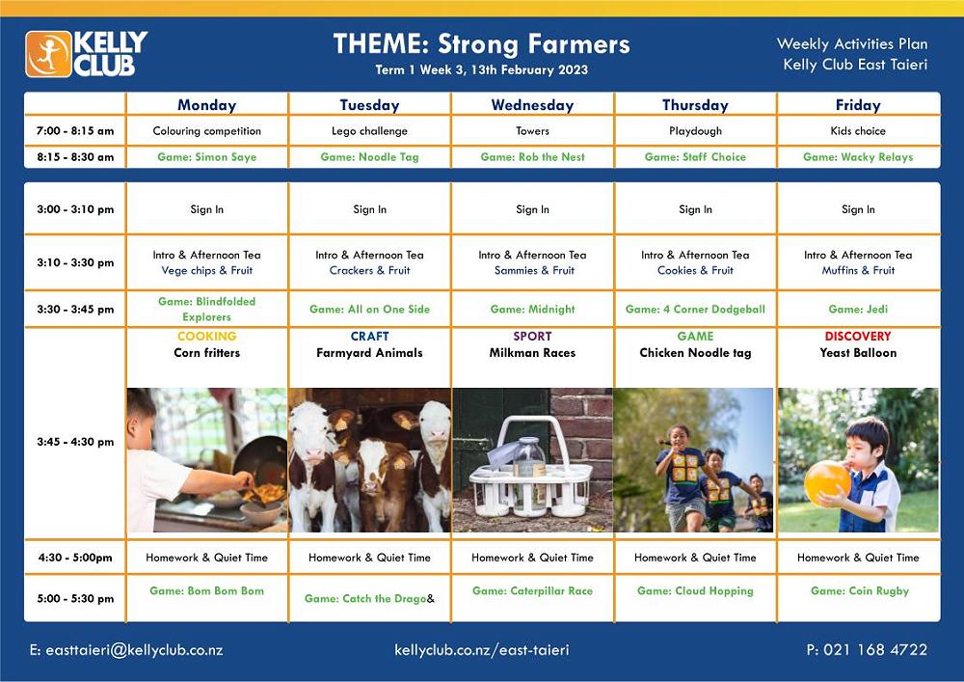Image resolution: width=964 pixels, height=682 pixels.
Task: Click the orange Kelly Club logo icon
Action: point(48,54)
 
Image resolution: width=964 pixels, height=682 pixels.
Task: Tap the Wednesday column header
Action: point(532,105)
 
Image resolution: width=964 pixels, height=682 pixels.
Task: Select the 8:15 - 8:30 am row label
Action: point(75,157)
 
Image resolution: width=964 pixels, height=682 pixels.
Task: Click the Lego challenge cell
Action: point(369,131)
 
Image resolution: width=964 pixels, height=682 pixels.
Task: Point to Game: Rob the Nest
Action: point(532,157)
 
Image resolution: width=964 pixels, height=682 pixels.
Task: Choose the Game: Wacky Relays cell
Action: point(858,157)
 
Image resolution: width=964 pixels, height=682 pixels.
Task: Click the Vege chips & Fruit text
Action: point(207,271)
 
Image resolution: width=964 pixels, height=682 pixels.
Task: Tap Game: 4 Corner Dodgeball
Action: point(695,310)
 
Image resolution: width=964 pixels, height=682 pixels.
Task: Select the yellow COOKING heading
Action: point(207,337)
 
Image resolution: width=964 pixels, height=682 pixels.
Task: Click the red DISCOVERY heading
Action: point(858,337)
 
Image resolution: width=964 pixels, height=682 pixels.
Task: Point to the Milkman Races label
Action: point(532,353)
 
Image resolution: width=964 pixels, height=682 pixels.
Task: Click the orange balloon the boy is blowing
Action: point(827,482)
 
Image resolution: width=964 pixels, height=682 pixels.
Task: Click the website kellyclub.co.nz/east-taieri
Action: point(482,650)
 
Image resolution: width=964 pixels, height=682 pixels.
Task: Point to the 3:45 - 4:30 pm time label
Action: point(75,442)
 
